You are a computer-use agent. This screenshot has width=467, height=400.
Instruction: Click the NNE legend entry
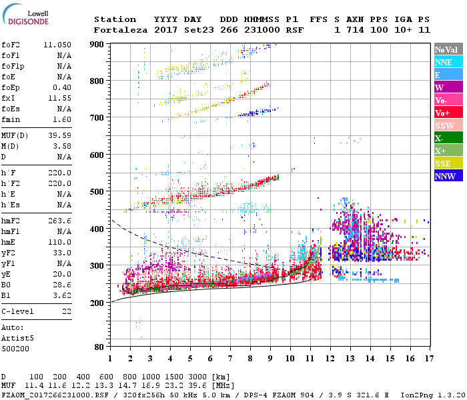tap(447, 62)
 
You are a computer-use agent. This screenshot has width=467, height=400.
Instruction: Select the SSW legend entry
tap(447, 125)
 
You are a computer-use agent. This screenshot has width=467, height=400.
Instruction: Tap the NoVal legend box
tap(447, 49)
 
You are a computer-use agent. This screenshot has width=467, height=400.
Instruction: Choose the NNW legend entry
tap(447, 176)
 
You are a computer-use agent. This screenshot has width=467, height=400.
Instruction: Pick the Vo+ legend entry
tap(447, 113)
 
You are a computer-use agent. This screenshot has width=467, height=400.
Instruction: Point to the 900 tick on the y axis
tap(97, 44)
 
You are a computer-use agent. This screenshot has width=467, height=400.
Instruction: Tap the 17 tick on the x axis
tap(429, 359)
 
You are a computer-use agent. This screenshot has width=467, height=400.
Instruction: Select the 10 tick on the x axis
tap(290, 359)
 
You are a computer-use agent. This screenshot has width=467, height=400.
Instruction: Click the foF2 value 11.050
tap(57, 44)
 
